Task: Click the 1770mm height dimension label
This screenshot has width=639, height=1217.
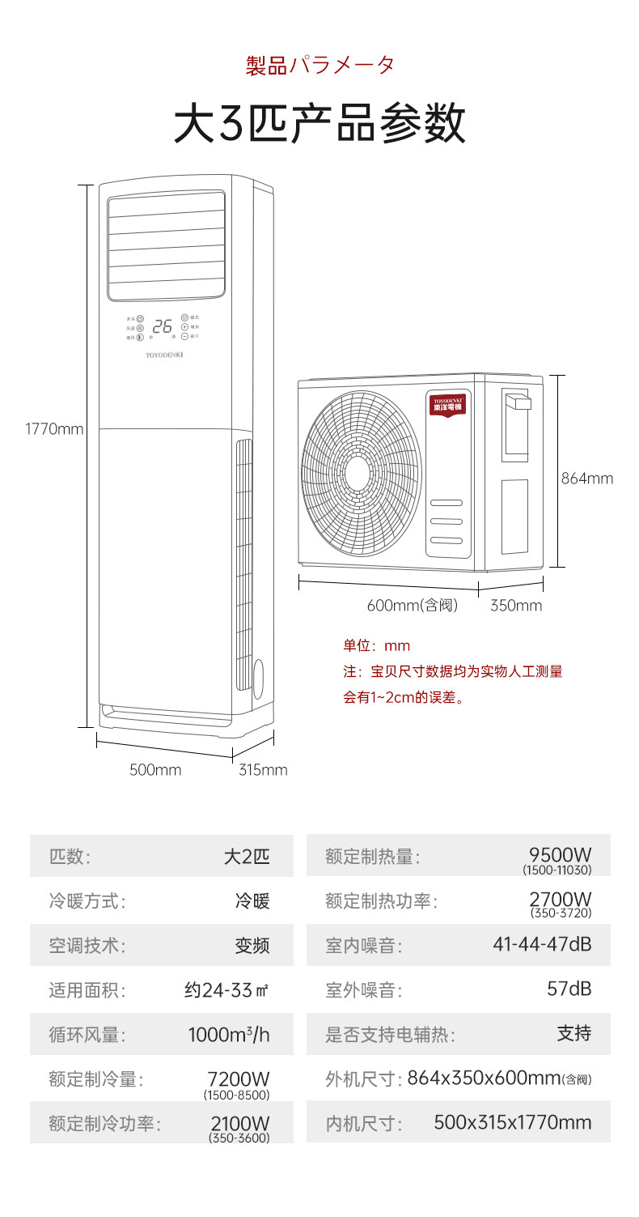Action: [x=54, y=429]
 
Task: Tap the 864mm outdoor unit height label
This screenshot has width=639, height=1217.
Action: [x=587, y=479]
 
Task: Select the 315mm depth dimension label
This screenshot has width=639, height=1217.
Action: [x=263, y=770]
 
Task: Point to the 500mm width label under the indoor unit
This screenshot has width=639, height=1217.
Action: [x=155, y=770]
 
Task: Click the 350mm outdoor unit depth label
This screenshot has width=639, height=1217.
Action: [x=516, y=606]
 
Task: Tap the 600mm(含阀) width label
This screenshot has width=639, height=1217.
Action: [x=413, y=606]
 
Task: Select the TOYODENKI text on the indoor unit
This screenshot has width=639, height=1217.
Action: [x=164, y=355]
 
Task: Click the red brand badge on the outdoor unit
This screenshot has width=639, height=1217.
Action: [x=452, y=402]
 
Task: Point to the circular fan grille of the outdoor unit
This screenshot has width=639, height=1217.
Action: [x=362, y=473]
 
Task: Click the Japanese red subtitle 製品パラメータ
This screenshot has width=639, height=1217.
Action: [x=320, y=65]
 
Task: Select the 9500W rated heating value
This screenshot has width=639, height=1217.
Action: [x=560, y=855]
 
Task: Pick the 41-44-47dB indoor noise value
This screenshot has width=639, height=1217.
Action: [x=542, y=944]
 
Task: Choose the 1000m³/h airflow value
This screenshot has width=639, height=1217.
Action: [x=229, y=1035]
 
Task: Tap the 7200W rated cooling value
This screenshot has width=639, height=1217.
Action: [x=238, y=1079]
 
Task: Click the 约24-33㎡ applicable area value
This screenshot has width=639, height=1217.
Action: [x=226, y=989]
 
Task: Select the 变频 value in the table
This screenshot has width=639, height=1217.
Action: [x=252, y=945]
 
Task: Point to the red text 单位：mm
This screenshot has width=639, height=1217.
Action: [x=377, y=646]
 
